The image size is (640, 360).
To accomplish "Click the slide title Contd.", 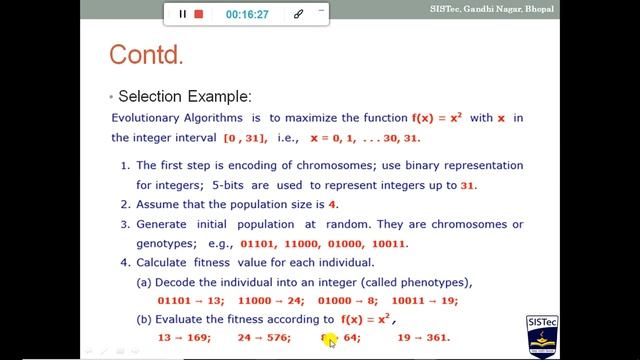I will tap(146, 54).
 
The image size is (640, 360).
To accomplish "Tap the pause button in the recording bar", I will tap(182, 14).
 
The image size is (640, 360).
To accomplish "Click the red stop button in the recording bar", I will tap(199, 14).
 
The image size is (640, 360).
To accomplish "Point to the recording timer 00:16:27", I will tap(246, 14).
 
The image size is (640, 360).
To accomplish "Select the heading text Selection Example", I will tap(185, 97).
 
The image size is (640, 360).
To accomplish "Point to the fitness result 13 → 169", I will tap(184, 338).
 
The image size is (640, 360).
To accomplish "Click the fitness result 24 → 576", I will tap(264, 338).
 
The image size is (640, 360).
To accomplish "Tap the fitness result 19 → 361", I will tap(424, 338).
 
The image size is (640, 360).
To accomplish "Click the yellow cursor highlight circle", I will tap(329, 340).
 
